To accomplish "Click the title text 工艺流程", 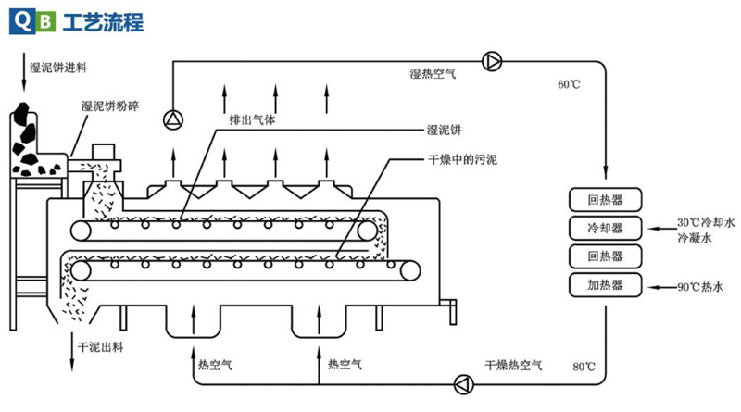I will point(103,21).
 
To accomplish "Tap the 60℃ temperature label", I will point(569,85).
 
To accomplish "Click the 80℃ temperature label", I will point(583,367).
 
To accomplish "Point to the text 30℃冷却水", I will point(705,223).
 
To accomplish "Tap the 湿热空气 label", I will point(433,73).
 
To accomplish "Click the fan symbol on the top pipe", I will point(492,61).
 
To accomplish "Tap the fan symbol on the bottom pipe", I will point(462,382).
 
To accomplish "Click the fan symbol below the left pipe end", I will point(172,119).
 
